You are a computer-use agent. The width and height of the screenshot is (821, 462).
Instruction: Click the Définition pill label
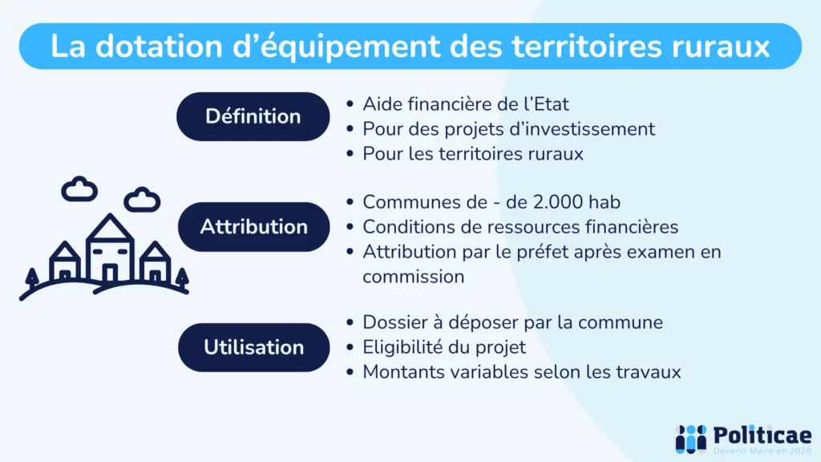253,116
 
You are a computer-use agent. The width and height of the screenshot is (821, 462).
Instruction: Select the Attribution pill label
253,226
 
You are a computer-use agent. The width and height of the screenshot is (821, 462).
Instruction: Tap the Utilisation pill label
253,347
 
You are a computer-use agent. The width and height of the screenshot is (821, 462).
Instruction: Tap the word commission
413,277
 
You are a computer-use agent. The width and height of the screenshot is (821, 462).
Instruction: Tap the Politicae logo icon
690,437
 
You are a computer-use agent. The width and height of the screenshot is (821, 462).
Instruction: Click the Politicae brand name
762,435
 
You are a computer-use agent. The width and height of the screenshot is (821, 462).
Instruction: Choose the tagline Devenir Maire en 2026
762,452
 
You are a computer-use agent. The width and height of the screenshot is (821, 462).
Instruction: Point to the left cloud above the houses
79,189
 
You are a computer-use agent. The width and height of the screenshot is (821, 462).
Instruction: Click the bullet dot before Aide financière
350,104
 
